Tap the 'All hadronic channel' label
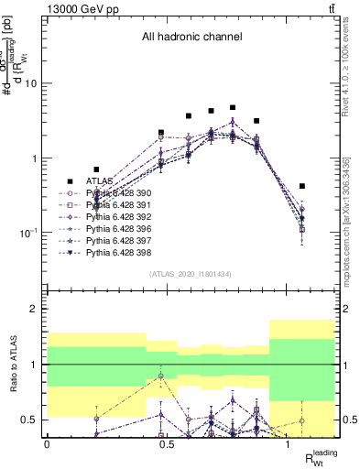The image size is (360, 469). (x=191, y=38)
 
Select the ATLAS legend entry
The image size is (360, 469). (x=99, y=181)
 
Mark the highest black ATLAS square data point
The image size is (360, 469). (x=233, y=107)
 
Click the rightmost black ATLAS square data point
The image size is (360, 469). (x=302, y=186)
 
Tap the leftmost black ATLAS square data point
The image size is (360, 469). (x=96, y=169)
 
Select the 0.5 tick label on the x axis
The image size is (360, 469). (x=167, y=443)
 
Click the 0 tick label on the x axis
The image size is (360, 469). (x=47, y=443)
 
